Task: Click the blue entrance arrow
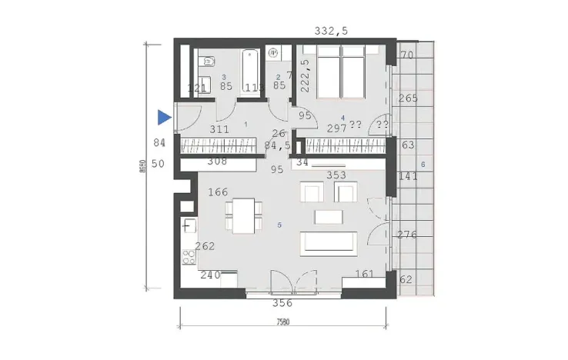click(163, 118)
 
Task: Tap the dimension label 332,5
click(332, 31)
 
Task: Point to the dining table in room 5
click(243, 213)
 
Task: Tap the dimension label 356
click(283, 303)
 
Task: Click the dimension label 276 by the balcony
click(406, 235)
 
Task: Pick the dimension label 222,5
click(305, 76)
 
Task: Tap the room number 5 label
click(279, 225)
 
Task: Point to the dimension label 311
click(219, 131)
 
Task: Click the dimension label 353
click(336, 175)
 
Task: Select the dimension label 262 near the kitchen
click(205, 247)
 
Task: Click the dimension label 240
click(210, 275)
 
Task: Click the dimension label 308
click(219, 161)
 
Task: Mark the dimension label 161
click(365, 274)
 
